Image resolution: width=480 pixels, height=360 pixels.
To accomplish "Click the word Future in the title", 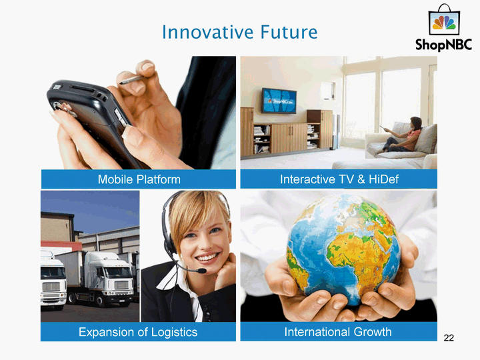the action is (x=289, y=32).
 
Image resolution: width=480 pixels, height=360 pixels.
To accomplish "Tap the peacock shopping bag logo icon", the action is (x=444, y=20).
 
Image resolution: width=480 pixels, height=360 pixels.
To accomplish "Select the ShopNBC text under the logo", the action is (x=443, y=45).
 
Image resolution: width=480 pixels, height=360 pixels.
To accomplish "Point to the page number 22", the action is (x=449, y=337).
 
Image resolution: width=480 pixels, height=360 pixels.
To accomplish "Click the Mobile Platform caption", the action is (x=139, y=179).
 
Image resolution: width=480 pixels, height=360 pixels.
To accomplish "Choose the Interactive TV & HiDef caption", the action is (x=339, y=179).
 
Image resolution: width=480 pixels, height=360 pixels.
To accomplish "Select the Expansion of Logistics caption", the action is (x=138, y=332).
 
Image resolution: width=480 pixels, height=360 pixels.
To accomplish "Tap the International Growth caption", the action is (x=338, y=332).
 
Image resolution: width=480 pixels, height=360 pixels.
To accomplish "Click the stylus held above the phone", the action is (x=131, y=80).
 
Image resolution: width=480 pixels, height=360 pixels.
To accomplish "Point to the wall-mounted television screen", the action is (x=279, y=101).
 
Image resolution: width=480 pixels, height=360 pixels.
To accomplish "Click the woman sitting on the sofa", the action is (x=402, y=135).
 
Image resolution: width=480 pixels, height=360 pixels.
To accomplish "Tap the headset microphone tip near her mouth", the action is (x=201, y=271).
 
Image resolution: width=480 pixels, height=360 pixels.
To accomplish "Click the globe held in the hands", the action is (x=343, y=249).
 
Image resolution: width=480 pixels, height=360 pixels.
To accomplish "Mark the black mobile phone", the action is (x=92, y=119).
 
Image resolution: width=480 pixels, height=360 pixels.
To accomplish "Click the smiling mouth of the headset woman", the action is (x=208, y=258).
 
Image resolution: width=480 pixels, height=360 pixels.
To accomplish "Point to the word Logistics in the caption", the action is (x=174, y=333).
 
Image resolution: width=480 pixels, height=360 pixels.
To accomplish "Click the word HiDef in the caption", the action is (x=383, y=179).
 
